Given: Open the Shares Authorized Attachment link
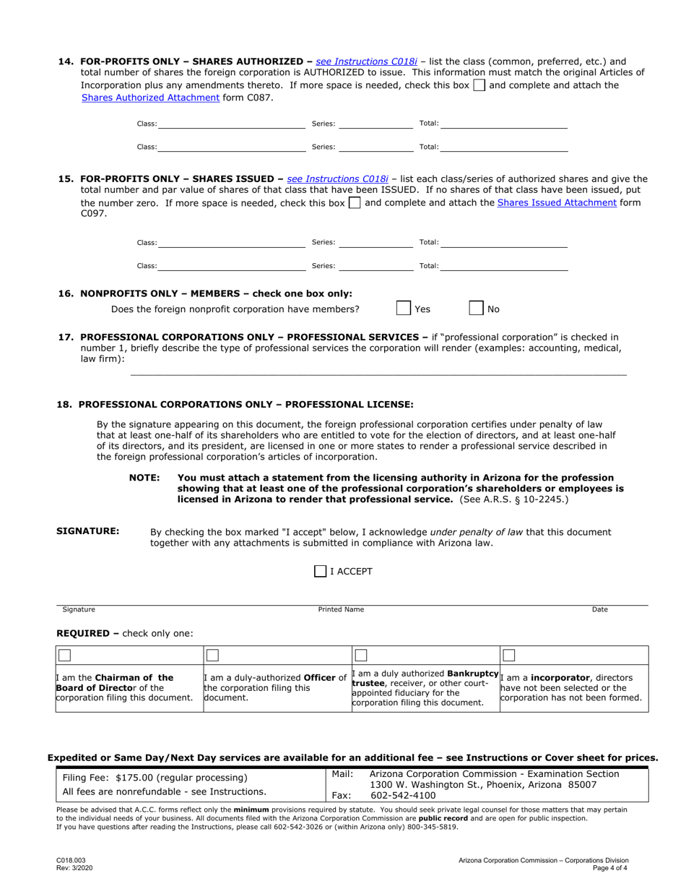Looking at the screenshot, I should click(150, 97).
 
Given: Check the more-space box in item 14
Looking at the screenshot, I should click(479, 85).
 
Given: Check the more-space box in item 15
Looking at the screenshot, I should click(355, 203).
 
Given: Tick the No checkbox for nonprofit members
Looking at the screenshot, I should click(477, 309).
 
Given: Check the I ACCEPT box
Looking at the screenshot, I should click(321, 572).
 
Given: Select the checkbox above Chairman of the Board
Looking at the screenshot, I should click(64, 656).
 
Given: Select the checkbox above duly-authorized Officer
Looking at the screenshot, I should click(212, 656).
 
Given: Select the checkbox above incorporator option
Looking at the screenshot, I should click(509, 656).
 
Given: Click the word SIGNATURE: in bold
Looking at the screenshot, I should click(88, 531).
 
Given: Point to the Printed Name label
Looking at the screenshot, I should click(342, 610).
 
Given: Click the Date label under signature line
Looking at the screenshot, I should click(599, 610).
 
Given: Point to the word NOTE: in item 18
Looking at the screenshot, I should click(144, 478).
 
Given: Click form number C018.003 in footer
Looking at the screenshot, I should click(70, 861).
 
